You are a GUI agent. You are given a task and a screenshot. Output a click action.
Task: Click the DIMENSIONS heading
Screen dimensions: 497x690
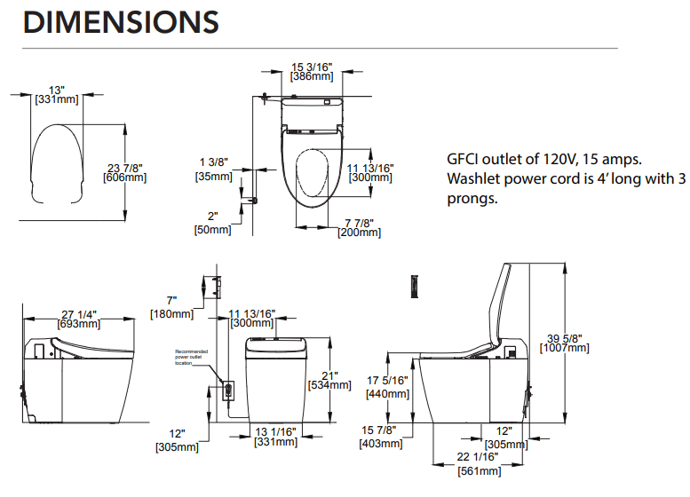pyautogui.click(x=121, y=22)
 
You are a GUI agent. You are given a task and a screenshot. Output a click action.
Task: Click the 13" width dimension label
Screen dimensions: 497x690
pyautogui.click(x=58, y=90)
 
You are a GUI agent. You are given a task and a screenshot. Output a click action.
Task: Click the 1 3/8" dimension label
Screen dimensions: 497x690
pyautogui.click(x=213, y=162)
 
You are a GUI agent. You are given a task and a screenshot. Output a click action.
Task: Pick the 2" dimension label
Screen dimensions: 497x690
pyautogui.click(x=212, y=217)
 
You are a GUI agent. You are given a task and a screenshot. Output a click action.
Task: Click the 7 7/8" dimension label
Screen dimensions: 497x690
pyautogui.click(x=359, y=222)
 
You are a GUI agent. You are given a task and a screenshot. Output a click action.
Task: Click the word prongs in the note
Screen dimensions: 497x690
pyautogui.click(x=472, y=198)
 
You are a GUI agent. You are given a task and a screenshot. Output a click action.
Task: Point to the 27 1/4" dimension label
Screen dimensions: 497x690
pyautogui.click(x=79, y=313)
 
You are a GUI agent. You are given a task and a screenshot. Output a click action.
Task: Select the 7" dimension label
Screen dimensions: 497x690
pyautogui.click(x=171, y=301)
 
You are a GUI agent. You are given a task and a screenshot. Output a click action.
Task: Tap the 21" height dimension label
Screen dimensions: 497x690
pyautogui.click(x=330, y=375)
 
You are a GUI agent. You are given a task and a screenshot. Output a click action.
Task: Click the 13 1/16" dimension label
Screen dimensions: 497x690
pyautogui.click(x=275, y=431)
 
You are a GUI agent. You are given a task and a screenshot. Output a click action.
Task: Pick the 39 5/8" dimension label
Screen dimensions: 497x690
pyautogui.click(x=564, y=337)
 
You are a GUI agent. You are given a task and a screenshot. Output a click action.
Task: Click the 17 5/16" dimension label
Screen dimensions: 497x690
pyautogui.click(x=386, y=381)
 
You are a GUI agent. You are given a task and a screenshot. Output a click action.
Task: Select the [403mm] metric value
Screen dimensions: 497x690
pyautogui.click(x=380, y=443)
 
